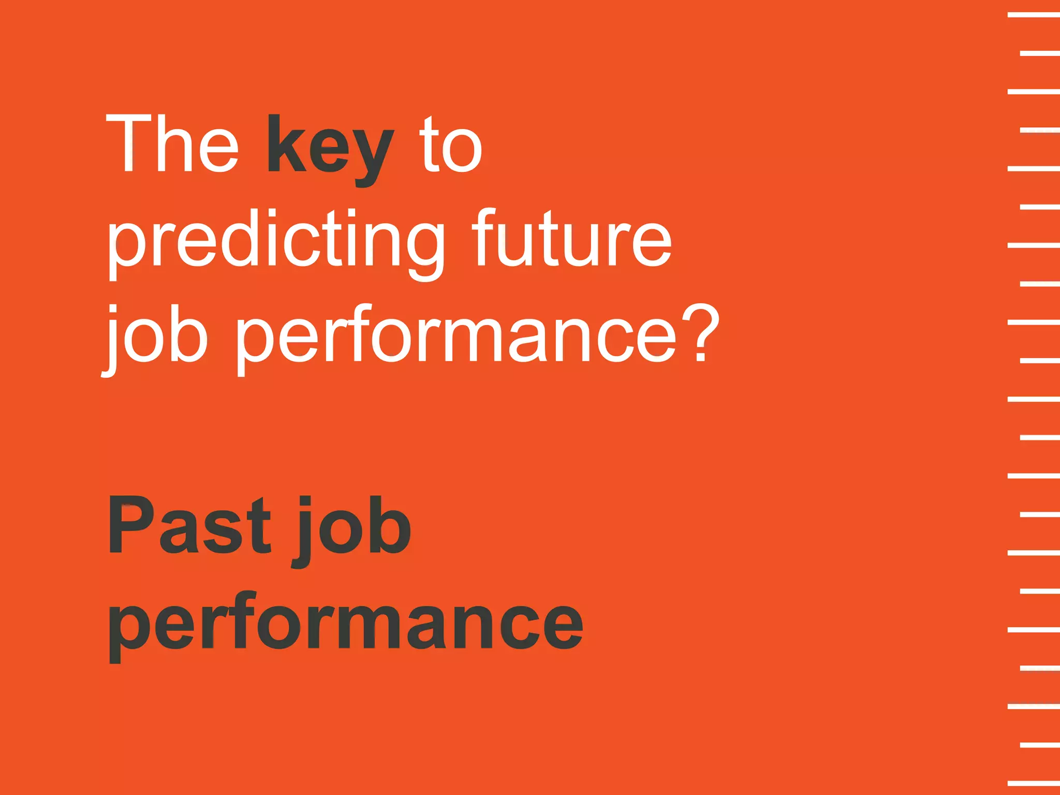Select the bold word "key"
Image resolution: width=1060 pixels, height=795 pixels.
pyautogui.click(x=330, y=148)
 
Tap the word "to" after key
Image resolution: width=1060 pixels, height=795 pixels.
pyautogui.click(x=450, y=145)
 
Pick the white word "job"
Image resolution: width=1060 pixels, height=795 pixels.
pyautogui.click(x=155, y=336)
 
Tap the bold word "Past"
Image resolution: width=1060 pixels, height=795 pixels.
pyautogui.click(x=189, y=525)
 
